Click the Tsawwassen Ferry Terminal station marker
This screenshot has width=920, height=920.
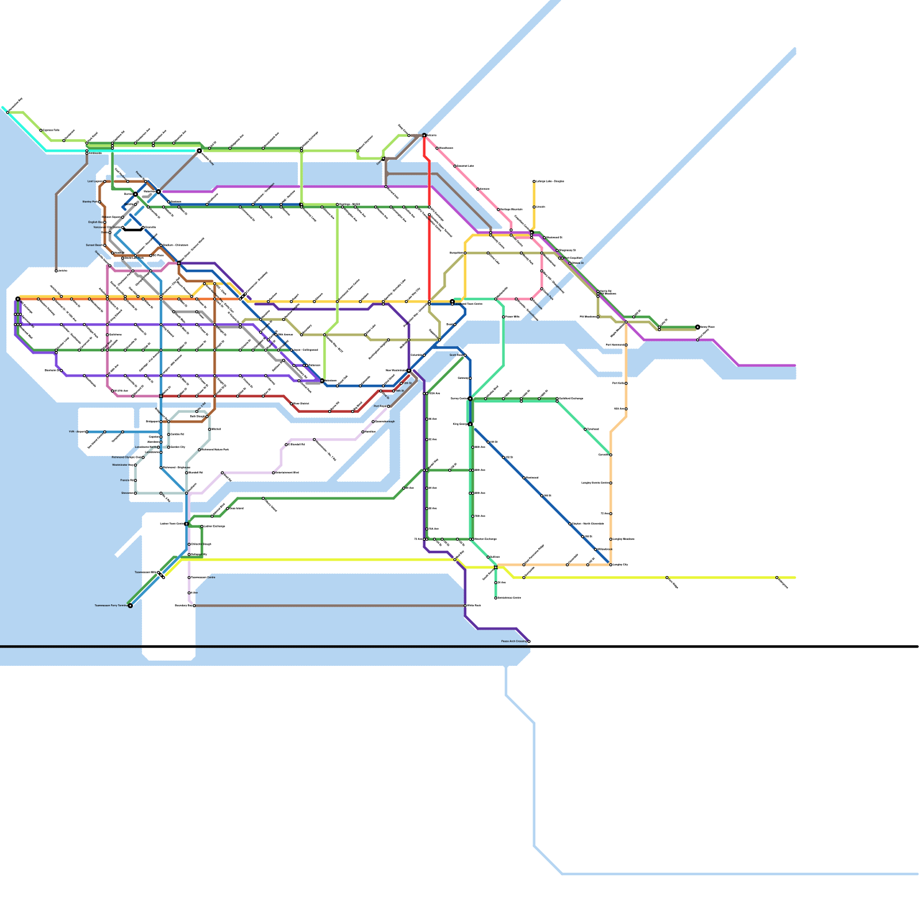130,605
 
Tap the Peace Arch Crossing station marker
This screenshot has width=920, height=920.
528,641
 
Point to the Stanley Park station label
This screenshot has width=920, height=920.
90,202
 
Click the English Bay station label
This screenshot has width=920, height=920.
95,222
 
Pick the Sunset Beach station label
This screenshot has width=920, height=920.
94,245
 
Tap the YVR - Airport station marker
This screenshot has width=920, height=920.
87,432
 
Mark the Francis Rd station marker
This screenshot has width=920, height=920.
135,480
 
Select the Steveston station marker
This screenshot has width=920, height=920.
135,493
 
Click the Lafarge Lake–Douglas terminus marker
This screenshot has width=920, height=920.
534,181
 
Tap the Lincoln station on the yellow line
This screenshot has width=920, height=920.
534,206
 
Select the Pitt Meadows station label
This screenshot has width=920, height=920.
589,317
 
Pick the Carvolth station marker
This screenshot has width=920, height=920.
611,455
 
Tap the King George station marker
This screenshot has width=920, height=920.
470,424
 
